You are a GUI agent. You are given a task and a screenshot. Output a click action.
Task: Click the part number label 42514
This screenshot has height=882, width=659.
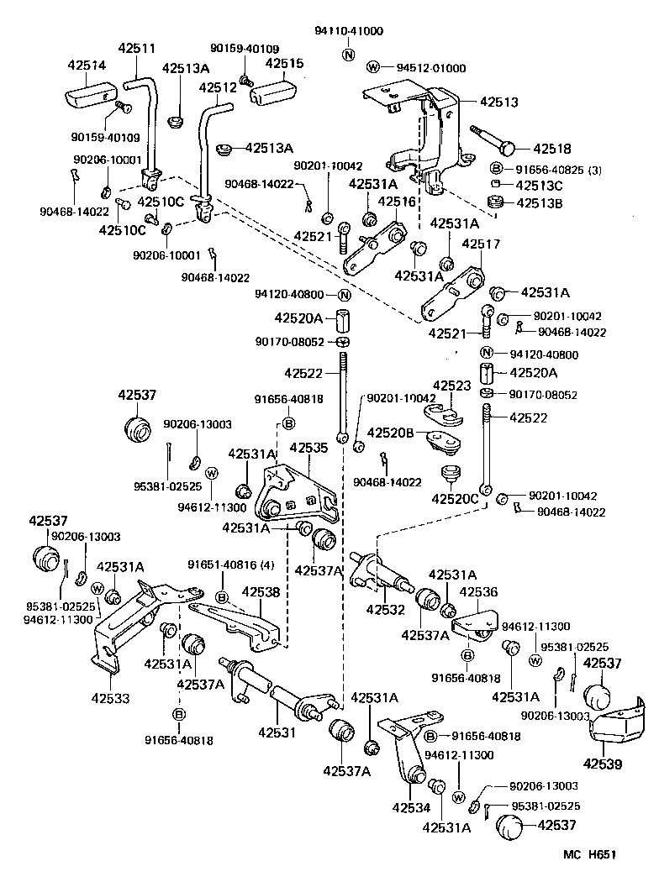click(82, 64)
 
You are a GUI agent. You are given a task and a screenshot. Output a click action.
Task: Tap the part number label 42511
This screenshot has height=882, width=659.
click(136, 50)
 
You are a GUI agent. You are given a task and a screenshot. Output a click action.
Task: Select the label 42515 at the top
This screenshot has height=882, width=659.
click(285, 63)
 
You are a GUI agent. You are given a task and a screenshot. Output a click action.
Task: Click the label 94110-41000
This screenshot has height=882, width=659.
click(349, 31)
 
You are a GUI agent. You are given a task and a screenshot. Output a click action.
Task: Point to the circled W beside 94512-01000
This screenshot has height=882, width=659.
click(374, 67)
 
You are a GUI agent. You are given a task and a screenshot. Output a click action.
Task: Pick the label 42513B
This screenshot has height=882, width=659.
click(540, 202)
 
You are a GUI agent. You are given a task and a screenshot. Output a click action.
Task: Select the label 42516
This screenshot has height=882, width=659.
click(397, 202)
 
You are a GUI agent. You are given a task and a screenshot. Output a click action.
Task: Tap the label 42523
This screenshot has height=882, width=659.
click(452, 386)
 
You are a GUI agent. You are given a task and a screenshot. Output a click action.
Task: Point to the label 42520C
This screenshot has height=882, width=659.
click(455, 499)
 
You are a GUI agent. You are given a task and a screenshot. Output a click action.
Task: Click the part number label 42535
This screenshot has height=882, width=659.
click(308, 449)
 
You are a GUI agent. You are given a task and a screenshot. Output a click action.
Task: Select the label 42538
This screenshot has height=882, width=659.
click(261, 591)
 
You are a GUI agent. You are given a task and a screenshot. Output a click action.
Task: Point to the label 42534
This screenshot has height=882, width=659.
click(411, 808)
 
